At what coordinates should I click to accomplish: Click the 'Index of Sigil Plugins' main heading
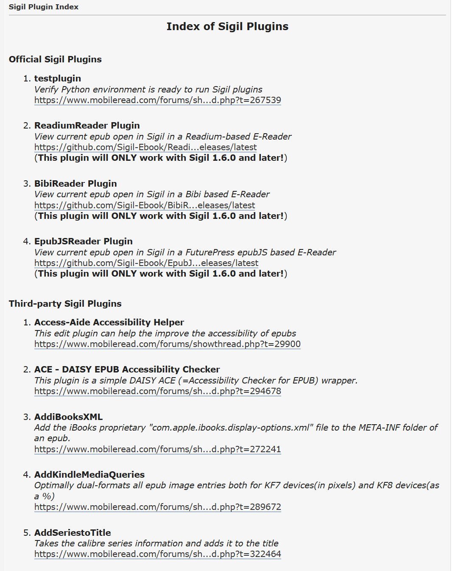[x=227, y=26]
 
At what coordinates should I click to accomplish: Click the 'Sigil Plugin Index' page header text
[x=43, y=7]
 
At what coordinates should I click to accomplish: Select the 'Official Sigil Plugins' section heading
[x=55, y=59]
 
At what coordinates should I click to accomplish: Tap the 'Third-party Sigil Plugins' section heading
[x=65, y=303]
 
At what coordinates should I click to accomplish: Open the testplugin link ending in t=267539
[x=157, y=100]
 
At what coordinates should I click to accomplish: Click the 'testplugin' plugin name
[x=57, y=78]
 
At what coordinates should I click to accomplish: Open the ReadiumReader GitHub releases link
[x=145, y=147]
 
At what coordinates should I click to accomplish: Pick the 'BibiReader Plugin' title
[x=75, y=183]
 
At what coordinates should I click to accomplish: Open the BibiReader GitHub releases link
[x=144, y=205]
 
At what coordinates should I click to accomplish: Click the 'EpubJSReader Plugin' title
[x=83, y=241]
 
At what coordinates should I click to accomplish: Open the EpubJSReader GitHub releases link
[x=146, y=263]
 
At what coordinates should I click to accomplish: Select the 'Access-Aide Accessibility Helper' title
[x=109, y=322]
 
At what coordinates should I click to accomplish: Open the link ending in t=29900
[x=167, y=344]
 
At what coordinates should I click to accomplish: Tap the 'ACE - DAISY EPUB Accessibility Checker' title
[x=127, y=369]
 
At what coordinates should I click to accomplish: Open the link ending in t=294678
[x=157, y=391]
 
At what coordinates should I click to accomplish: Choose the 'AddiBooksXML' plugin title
[x=68, y=417]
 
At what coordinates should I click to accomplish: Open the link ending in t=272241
[x=157, y=449]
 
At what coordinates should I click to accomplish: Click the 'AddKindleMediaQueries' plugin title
[x=89, y=474]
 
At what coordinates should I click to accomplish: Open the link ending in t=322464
[x=157, y=554]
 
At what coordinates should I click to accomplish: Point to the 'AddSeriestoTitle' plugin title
[x=73, y=532]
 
